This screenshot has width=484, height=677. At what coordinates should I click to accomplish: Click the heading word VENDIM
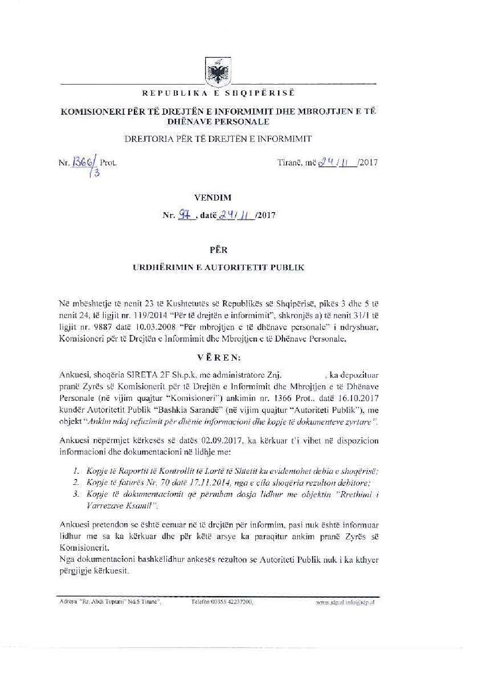pyautogui.click(x=218, y=197)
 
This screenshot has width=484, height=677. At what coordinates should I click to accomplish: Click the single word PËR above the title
pyautogui.click(x=218, y=250)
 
